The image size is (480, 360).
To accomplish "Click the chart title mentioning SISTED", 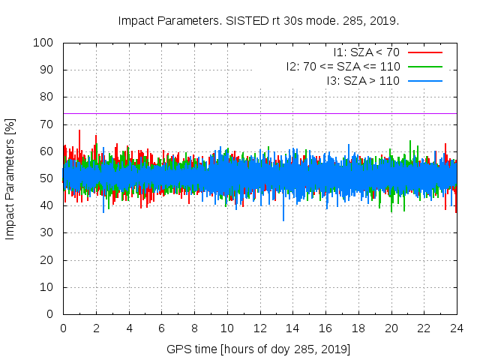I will click(259, 20).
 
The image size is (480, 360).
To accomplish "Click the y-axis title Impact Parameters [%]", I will click(10, 178).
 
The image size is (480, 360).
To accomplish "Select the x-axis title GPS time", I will click(259, 349).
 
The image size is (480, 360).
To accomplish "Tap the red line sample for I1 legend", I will click(424, 52).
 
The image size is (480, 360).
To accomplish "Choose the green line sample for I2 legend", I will click(424, 66).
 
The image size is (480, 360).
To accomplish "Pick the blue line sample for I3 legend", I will click(424, 80).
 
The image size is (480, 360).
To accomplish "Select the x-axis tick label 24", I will click(457, 328).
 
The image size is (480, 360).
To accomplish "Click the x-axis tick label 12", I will click(259, 328).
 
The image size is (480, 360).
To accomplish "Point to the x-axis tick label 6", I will click(161, 328).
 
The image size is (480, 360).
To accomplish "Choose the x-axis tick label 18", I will click(358, 328).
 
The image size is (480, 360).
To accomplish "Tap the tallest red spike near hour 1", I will click(79, 132).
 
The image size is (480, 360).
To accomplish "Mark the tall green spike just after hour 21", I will click(410, 142).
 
